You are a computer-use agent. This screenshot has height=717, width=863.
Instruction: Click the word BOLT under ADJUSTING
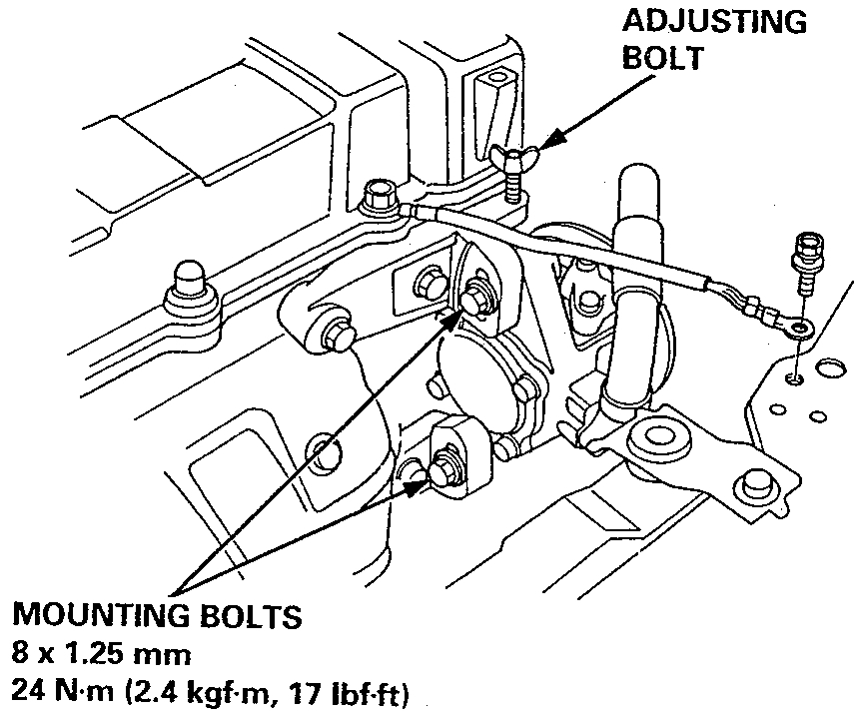(662, 57)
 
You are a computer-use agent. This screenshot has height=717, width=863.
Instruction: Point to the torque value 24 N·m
(63, 691)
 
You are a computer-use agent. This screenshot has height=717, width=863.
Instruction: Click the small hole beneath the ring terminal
(794, 377)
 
